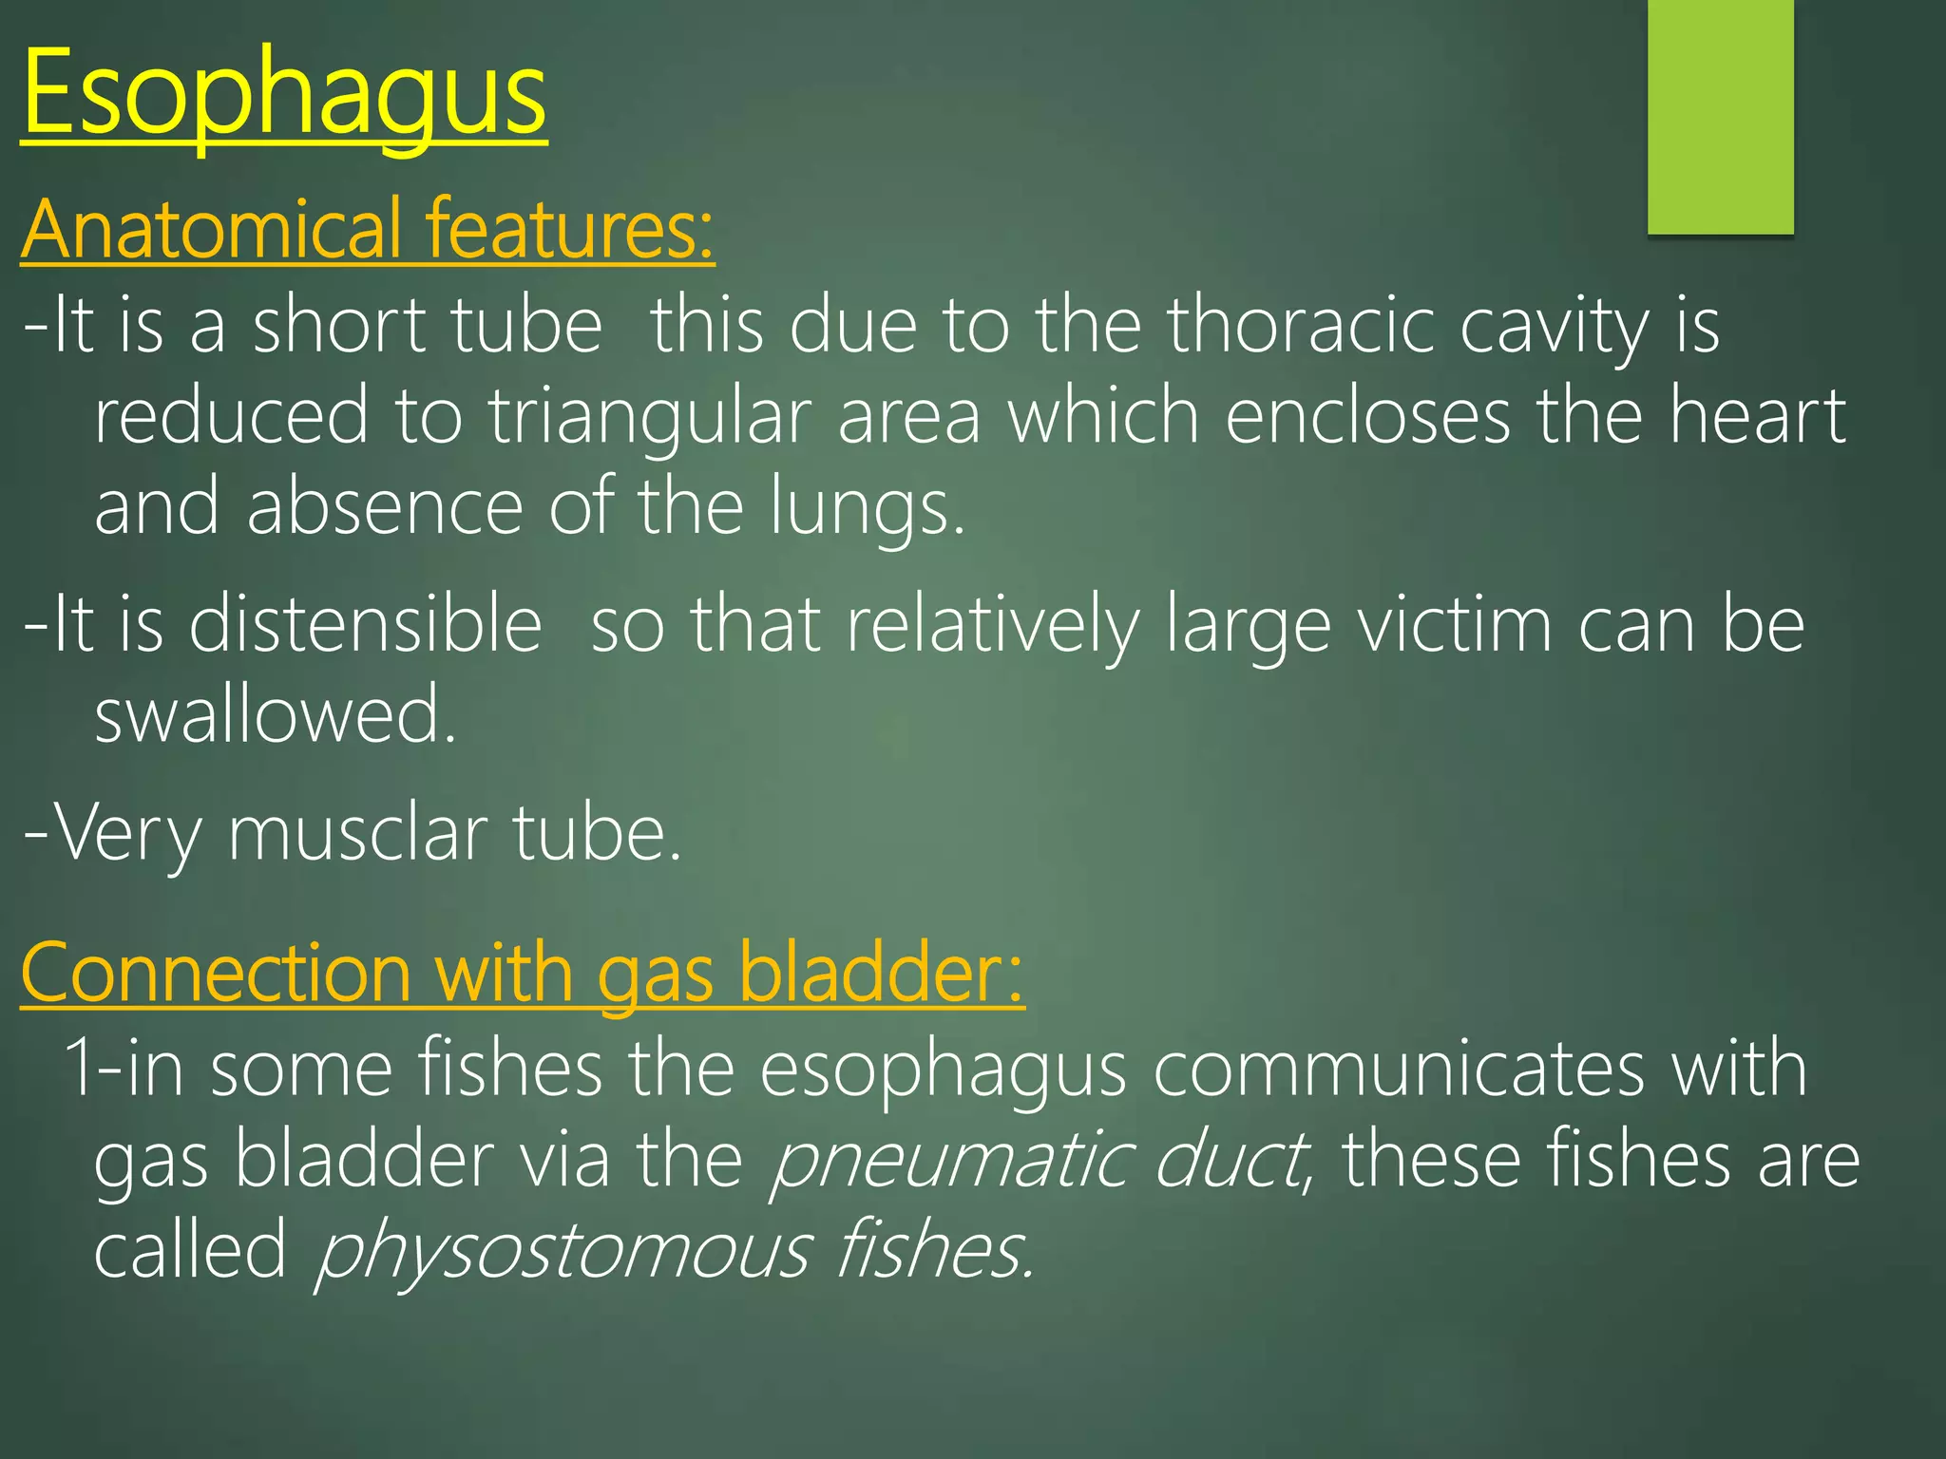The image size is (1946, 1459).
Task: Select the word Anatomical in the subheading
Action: click(x=211, y=229)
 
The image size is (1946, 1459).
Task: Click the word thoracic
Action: click(x=1301, y=326)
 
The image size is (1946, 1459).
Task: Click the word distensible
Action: click(x=365, y=625)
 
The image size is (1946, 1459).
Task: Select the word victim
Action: click(x=1454, y=625)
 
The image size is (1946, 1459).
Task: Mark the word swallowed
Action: click(x=276, y=714)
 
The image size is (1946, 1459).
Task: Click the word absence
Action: click(x=385, y=507)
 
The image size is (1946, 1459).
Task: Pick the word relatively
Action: click(x=993, y=625)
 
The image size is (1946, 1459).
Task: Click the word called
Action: click(x=190, y=1251)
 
